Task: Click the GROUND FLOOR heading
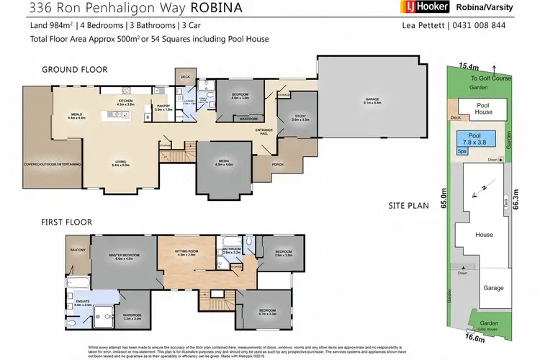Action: click(75, 70)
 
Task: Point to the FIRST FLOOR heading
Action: click(66, 222)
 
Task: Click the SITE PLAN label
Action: click(408, 205)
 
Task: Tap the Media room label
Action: click(224, 164)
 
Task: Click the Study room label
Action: click(301, 120)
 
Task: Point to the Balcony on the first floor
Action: click(78, 250)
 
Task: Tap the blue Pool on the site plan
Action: click(475, 138)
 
